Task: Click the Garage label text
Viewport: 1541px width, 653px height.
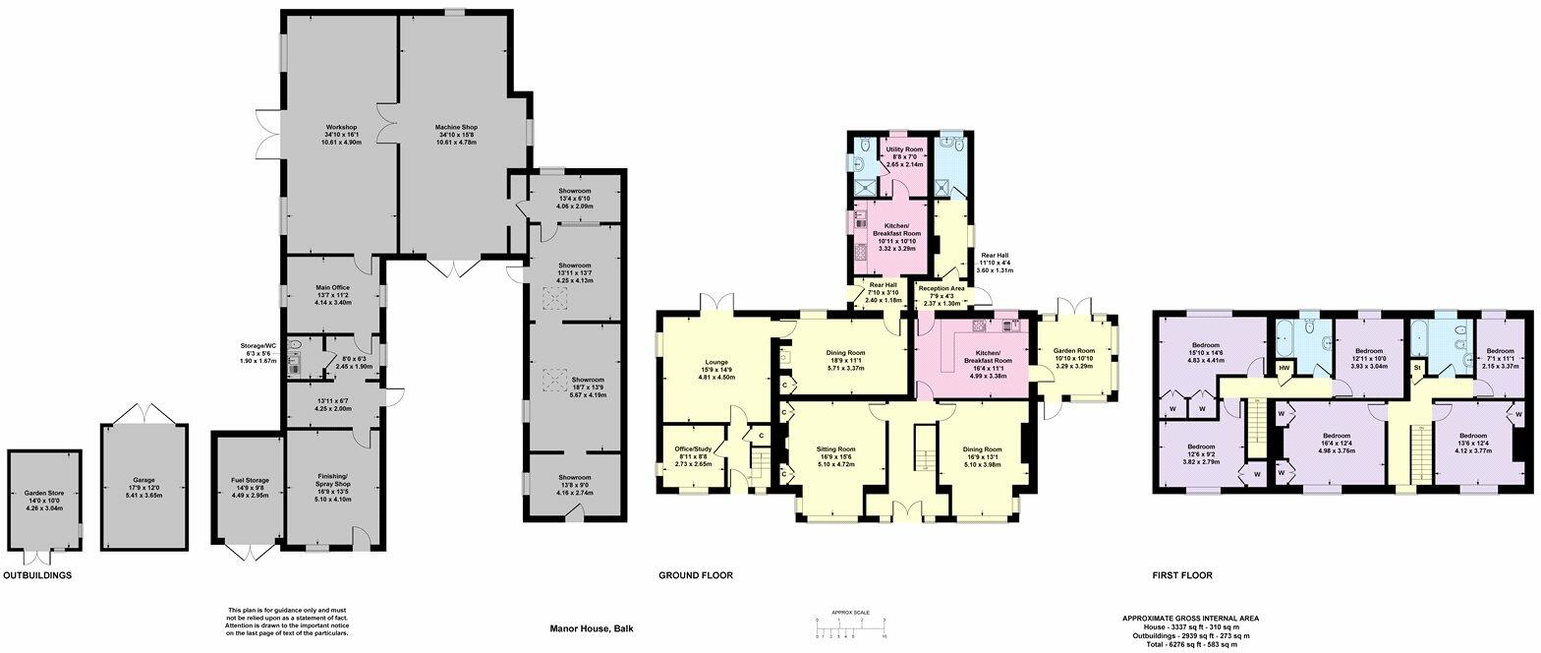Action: pos(143,480)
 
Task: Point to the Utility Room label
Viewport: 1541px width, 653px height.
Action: pos(906,149)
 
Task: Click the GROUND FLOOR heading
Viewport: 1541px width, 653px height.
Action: pos(695,575)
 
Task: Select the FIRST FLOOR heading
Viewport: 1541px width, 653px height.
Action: pos(1182,575)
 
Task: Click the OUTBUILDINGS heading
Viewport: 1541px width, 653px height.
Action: pos(37,575)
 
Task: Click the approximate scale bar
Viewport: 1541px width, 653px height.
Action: pos(851,625)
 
